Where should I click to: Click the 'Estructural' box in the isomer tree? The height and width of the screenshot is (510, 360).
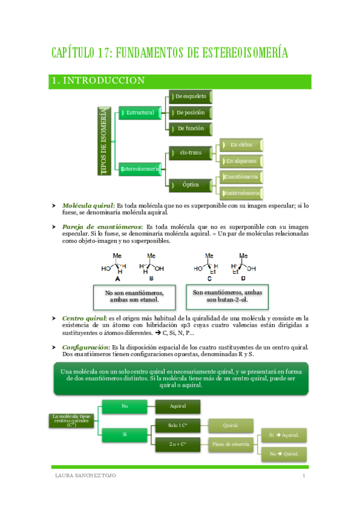[x=139, y=112]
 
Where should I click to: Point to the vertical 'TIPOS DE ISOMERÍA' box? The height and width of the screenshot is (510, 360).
[x=105, y=141]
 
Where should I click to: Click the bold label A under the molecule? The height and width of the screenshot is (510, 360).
[x=117, y=278]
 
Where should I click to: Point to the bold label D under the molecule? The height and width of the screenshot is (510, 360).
[x=243, y=278]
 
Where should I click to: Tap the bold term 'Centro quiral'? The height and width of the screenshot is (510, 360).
[x=84, y=318]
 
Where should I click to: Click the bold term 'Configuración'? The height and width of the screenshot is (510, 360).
[x=85, y=348]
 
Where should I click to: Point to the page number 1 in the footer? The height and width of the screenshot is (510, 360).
[x=304, y=476]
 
